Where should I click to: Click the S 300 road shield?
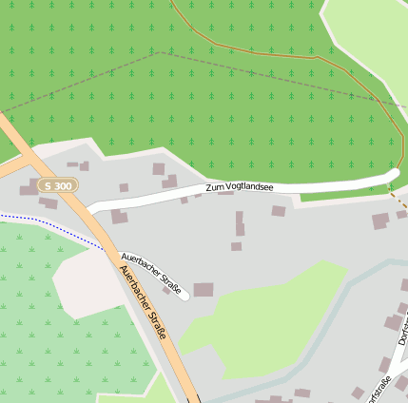pyautogui.click(x=59, y=186)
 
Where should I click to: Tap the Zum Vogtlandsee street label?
pyautogui.click(x=239, y=187)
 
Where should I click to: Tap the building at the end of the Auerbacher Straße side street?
pyautogui.click(x=204, y=290)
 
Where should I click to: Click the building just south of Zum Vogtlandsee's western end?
pyautogui.click(x=119, y=217)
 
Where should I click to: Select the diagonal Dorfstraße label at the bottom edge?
pyautogui.click(x=379, y=392)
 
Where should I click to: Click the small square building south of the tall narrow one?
pyautogui.click(x=236, y=246)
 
